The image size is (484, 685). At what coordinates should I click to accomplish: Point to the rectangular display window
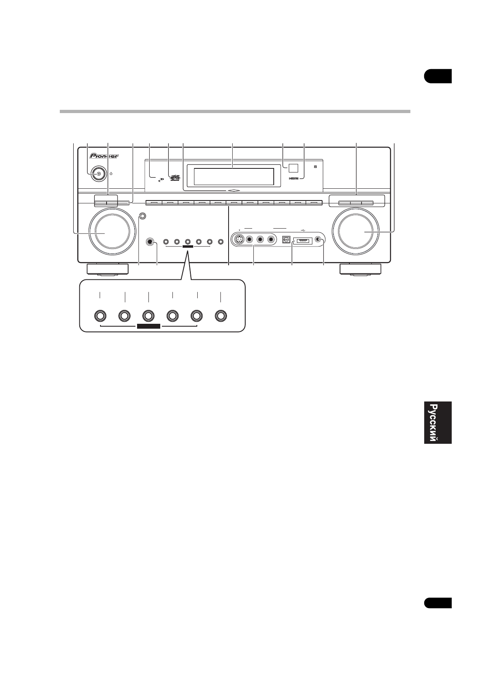pyautogui.click(x=233, y=177)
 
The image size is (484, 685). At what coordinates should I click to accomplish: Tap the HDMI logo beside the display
pyautogui.click(x=294, y=178)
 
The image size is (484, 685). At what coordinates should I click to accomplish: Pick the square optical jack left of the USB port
pyautogui.click(x=286, y=240)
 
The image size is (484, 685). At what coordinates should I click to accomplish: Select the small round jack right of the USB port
pyautogui.click(x=318, y=240)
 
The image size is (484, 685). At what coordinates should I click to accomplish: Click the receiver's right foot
pyautogui.click(x=361, y=269)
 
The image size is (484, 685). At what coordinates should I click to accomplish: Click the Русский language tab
pyautogui.click(x=438, y=423)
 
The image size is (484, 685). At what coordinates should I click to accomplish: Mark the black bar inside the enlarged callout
pyautogui.click(x=149, y=326)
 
